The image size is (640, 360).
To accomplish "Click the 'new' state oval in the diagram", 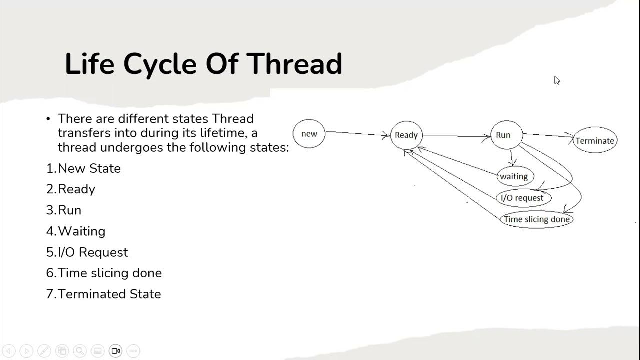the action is [x=309, y=134].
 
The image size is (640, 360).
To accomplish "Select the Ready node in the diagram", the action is [x=406, y=135].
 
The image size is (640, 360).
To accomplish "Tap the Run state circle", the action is [x=506, y=135].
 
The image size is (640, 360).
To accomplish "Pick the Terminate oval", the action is [x=595, y=140].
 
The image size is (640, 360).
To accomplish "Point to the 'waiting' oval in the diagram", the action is [x=515, y=176].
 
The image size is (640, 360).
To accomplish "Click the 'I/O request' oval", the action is [x=523, y=198].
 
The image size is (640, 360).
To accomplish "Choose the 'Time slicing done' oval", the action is [x=536, y=219].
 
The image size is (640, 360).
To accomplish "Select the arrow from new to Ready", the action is [x=357, y=133].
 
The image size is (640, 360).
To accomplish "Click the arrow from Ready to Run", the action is [x=456, y=136].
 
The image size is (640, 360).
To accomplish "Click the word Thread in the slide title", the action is [x=294, y=64].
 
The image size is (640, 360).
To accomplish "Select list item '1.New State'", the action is [x=83, y=168].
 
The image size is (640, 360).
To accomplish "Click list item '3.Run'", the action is [x=64, y=210].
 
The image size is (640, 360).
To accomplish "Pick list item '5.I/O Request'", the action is [x=87, y=252].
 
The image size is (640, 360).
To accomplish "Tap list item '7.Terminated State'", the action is [x=104, y=294].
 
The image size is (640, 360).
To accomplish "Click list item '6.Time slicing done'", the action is [x=104, y=273].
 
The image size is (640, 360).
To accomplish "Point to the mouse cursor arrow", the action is [x=557, y=80].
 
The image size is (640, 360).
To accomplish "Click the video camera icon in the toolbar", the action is [x=116, y=351].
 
